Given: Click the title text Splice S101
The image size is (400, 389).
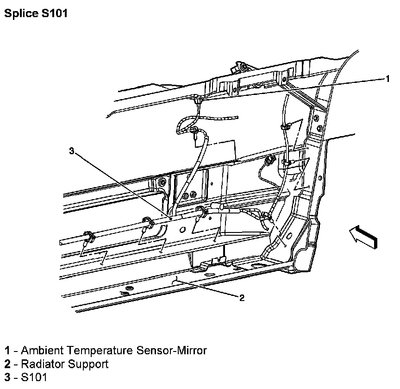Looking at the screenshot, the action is (36, 13).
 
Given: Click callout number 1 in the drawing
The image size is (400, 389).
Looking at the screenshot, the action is (387, 79).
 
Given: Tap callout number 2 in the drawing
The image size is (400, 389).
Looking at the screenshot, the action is (242, 298).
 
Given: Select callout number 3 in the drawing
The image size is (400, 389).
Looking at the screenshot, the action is (72, 151).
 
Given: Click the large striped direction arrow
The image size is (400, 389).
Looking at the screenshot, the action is (363, 236).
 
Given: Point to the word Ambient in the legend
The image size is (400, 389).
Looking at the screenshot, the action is (42, 350).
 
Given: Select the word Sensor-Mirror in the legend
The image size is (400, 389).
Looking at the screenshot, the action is (171, 350).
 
